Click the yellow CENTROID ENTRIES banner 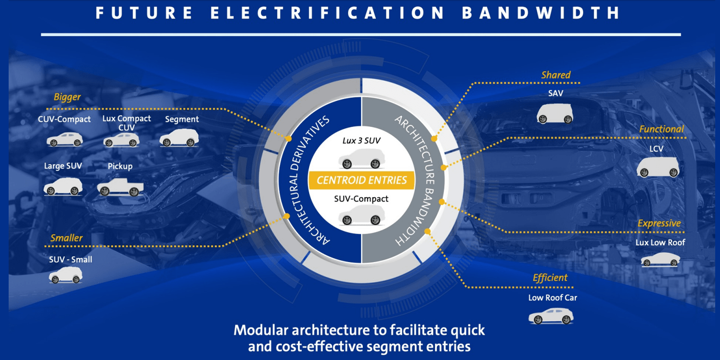tap(361, 180)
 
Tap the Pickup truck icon tap(120, 187)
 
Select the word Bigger tap(67, 97)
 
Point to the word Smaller tap(66, 238)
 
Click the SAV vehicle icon tap(555, 113)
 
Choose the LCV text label tap(656, 149)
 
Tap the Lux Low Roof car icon tap(660, 259)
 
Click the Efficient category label tap(550, 278)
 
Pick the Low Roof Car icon tap(551, 316)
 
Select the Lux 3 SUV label tap(361, 141)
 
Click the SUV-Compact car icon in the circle tap(361, 215)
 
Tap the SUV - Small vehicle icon tap(66, 275)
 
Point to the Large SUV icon tap(63, 186)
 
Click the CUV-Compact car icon tap(65, 140)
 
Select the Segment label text tap(182, 119)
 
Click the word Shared tap(556, 75)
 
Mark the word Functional tap(661, 129)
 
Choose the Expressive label tap(659, 223)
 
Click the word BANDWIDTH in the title tap(541, 13)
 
